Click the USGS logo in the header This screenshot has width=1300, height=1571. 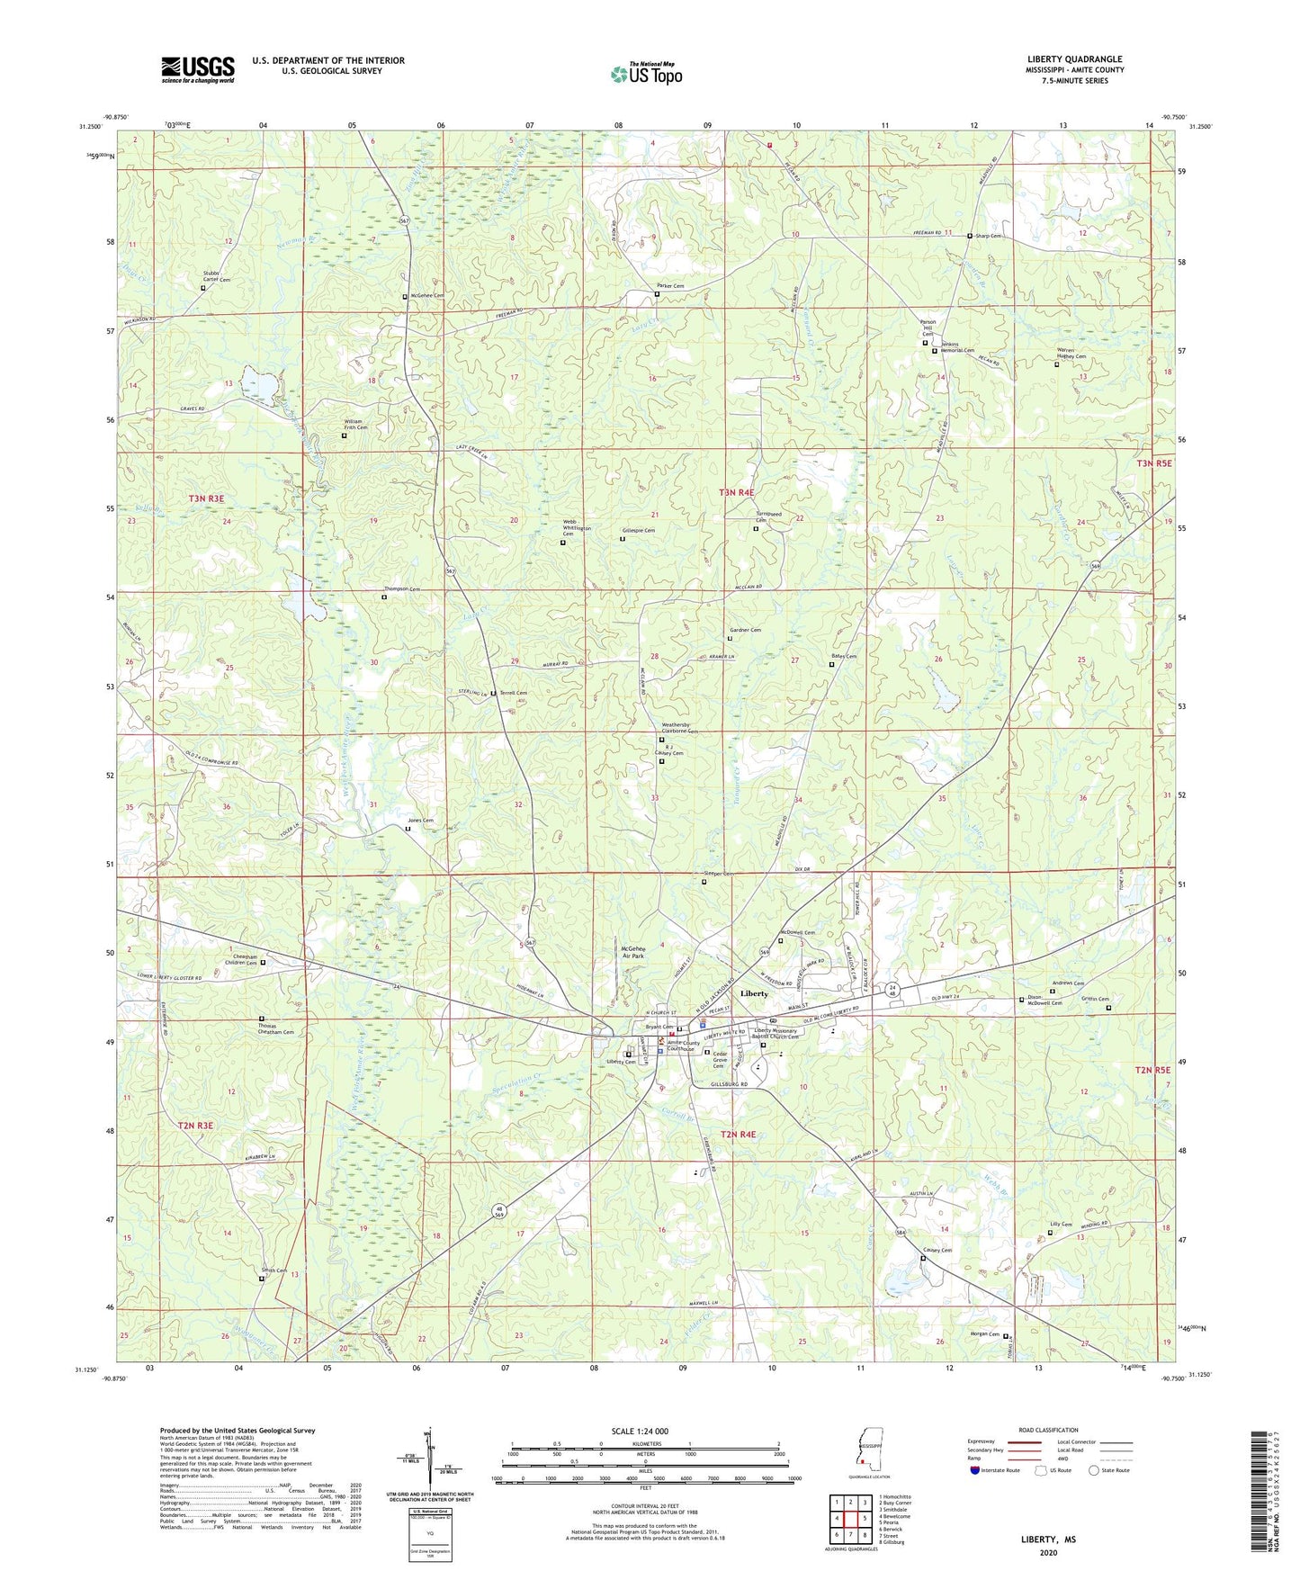(198, 69)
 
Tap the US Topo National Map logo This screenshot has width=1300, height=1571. (646, 73)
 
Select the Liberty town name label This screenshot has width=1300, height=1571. (753, 993)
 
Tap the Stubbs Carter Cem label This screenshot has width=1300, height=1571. (216, 276)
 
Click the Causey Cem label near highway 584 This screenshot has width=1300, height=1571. (937, 1251)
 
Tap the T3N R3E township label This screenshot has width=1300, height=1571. (206, 498)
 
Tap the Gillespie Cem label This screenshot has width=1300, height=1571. (638, 531)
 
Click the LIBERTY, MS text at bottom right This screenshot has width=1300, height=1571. (1047, 1540)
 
